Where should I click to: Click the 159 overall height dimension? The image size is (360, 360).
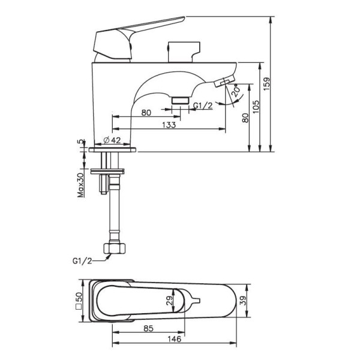pos(266,84)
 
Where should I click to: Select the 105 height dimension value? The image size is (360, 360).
pos(256,107)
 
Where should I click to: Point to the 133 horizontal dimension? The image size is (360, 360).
pos(169,125)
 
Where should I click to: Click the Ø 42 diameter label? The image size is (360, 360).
pos(112,140)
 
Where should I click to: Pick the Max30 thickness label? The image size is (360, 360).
pos(81,185)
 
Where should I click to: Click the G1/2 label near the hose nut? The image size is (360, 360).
pos(82,261)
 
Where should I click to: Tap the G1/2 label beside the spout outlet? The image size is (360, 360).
pos(203,106)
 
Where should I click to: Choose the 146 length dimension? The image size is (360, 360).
pos(174,339)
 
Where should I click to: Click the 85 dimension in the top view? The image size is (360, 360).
pos(148,328)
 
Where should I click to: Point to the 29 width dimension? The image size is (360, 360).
pos(169,301)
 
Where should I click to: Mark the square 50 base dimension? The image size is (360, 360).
pos(79,301)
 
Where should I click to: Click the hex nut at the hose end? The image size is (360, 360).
pos(115,248)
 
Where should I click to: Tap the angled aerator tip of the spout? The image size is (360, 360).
pos(224,81)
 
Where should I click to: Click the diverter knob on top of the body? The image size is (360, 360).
pos(184,52)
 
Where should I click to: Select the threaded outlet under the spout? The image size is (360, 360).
pos(180,101)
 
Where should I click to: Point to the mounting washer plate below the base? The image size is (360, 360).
pos(107,171)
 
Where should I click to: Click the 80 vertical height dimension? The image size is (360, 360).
pos(245,118)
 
